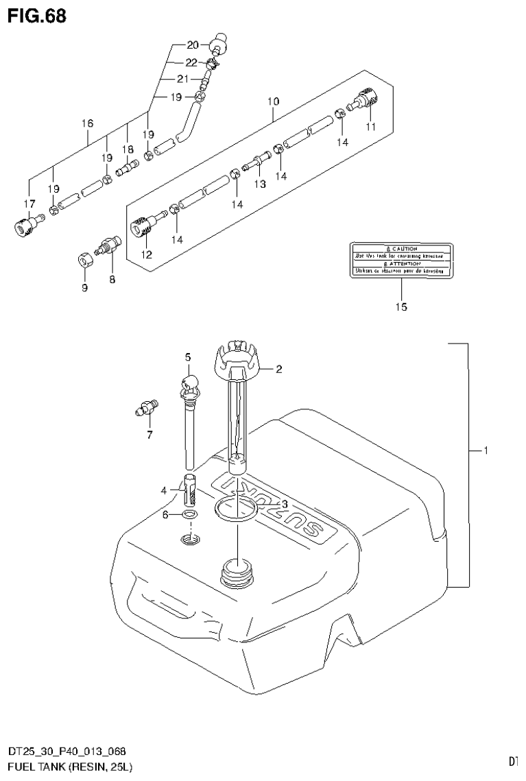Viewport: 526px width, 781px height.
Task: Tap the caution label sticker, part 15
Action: pyautogui.click(x=401, y=259)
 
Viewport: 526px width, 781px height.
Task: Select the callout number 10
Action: pyautogui.click(x=273, y=101)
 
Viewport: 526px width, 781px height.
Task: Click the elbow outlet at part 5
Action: pyautogui.click(x=190, y=385)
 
